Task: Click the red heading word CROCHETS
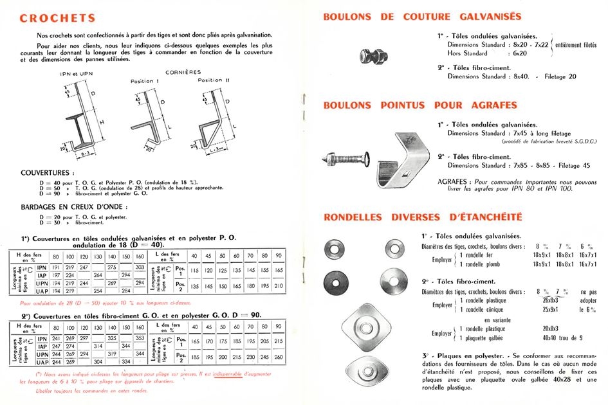57,18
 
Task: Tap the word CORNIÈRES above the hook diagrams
183,73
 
